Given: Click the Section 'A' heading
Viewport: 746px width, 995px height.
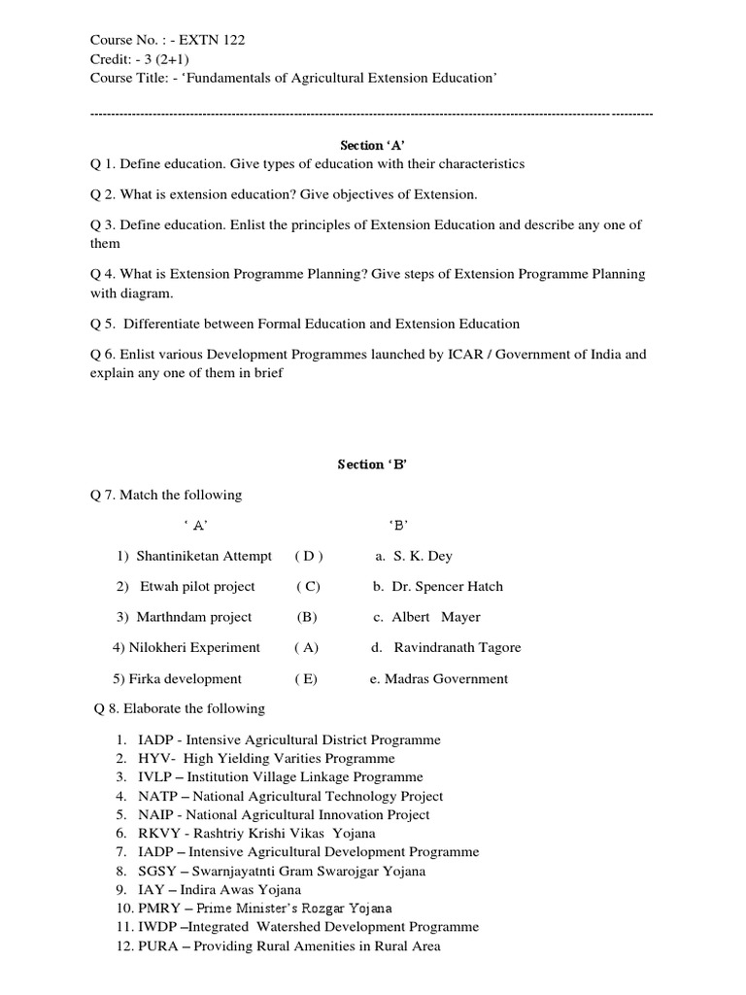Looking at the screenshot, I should tap(372, 145).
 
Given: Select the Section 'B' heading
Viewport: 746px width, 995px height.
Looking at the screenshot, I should tap(372, 464).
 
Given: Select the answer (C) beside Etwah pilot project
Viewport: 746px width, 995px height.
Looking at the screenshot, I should tap(309, 587).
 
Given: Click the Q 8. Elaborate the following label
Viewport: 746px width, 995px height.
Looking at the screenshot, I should tap(179, 708).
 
